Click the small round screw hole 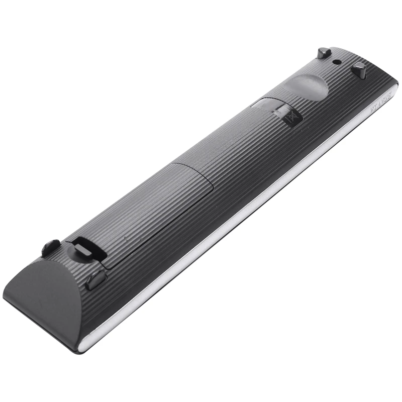tap(336, 62)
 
